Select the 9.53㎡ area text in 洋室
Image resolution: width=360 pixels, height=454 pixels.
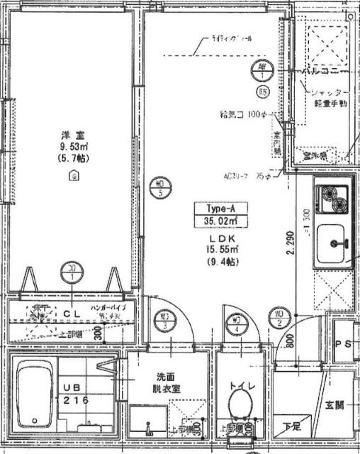coord(69,147)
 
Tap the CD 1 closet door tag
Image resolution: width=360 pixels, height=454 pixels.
coord(70,272)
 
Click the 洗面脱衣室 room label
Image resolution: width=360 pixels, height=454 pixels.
coord(169,383)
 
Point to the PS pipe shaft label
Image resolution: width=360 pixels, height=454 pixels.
coord(343,344)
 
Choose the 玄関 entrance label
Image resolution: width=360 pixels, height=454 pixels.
coord(334,406)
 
